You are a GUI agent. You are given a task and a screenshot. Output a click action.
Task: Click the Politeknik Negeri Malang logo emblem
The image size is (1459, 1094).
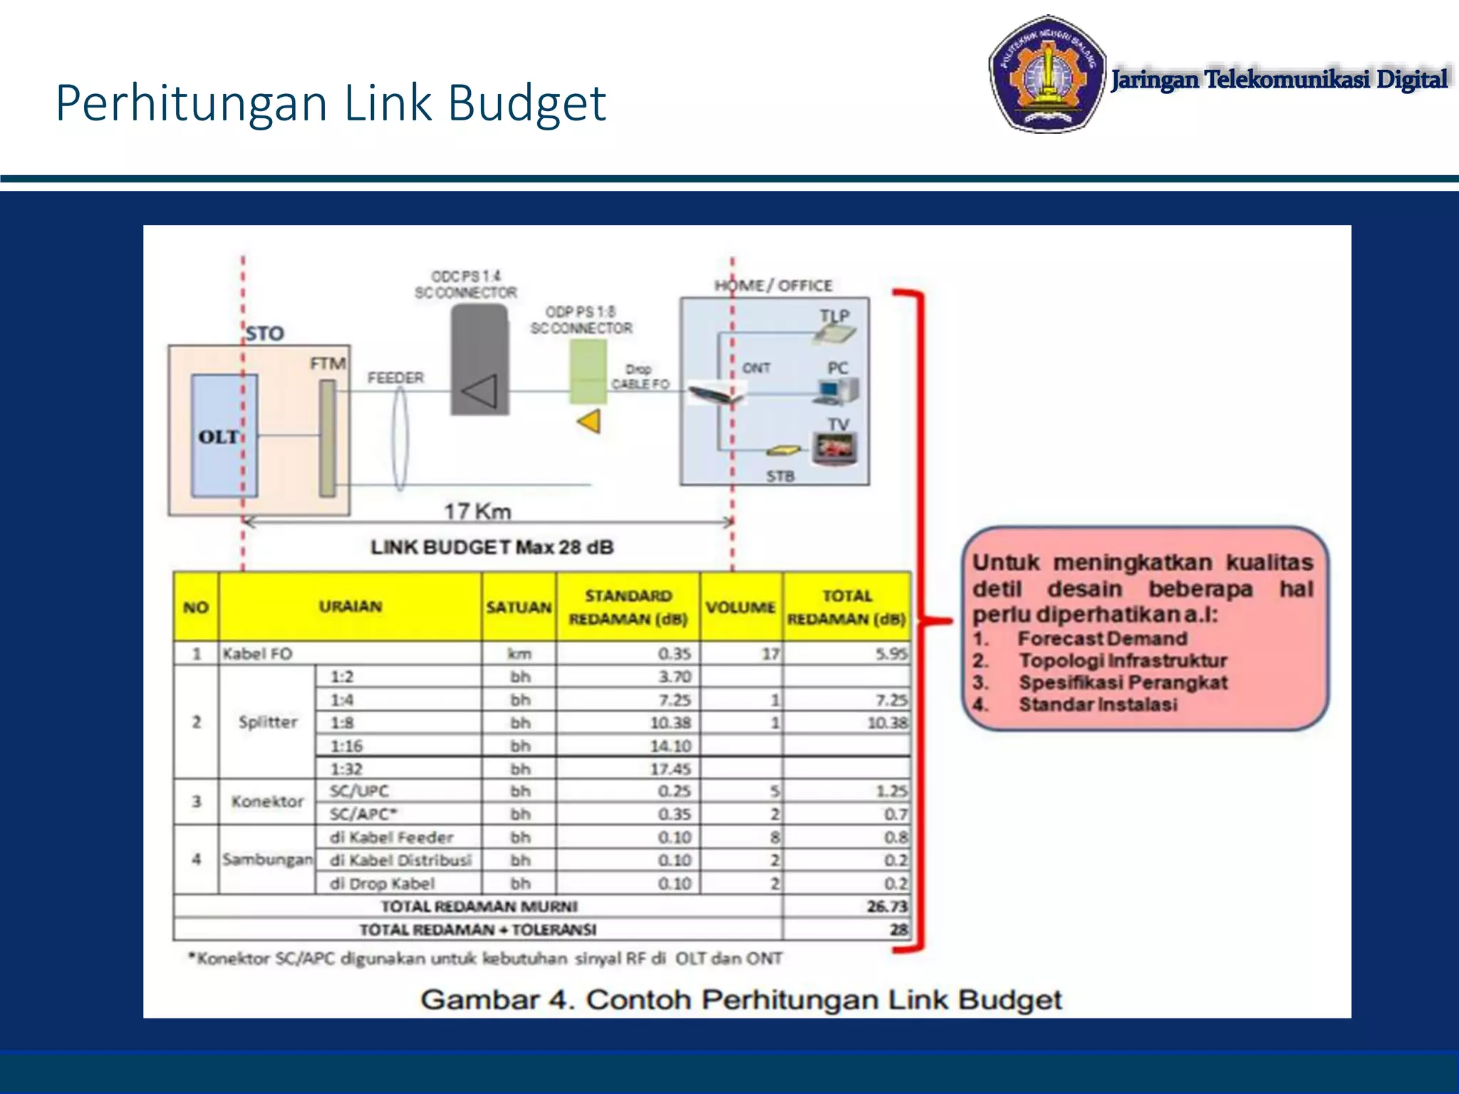(1047, 74)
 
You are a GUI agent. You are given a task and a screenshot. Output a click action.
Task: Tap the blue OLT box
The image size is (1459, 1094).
(224, 435)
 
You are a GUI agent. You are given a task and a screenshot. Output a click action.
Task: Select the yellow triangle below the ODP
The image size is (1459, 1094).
(589, 421)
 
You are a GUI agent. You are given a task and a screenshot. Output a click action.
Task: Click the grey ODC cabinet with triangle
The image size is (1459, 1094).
(479, 361)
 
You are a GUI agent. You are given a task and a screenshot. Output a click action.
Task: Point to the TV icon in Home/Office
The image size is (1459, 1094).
(835, 448)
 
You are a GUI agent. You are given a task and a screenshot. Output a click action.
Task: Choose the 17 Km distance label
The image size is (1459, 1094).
(477, 511)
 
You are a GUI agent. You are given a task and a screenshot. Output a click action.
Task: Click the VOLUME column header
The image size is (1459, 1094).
(740, 608)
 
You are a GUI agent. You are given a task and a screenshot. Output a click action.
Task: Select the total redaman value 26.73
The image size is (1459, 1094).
(887, 906)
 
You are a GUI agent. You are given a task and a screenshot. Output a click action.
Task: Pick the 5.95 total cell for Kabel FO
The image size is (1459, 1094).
(891, 654)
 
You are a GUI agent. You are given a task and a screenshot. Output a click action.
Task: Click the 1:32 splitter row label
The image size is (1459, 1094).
(346, 769)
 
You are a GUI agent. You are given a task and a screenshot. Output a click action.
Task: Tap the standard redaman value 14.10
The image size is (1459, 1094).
(670, 746)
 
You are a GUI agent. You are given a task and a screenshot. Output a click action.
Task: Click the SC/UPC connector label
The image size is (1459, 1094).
(359, 791)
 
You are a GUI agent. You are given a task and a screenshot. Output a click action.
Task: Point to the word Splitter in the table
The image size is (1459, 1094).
(268, 722)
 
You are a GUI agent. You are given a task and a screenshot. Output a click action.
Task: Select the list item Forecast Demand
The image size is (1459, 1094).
(1102, 639)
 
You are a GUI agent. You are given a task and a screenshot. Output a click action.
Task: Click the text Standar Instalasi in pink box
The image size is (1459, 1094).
(1098, 705)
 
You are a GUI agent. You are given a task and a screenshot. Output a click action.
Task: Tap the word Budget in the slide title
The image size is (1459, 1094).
(526, 103)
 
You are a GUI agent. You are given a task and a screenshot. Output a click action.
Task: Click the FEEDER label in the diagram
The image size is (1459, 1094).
(395, 377)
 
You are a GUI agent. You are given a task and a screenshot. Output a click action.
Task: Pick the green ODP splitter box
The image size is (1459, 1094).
(588, 371)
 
